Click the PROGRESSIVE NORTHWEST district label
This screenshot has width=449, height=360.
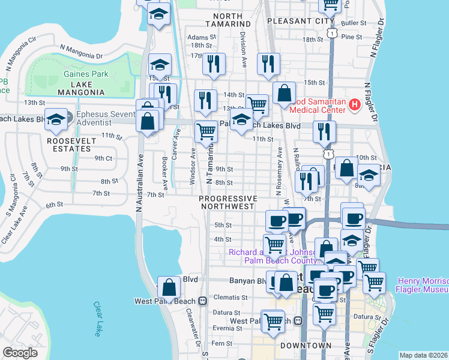pos(228,202)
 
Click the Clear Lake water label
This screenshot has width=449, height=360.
pos(98,319)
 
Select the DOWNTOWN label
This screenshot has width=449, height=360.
pos(306,346)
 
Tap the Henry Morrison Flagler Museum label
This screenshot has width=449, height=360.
pos(422,285)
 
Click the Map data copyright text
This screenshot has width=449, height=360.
pos(423,355)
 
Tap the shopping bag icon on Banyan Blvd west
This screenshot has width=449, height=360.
pos(169,288)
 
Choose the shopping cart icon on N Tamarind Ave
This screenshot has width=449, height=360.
pos(206,131)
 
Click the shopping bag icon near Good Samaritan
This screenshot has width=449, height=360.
pos(284,93)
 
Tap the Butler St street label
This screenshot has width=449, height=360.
pos(354,23)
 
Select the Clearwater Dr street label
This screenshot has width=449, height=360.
pos(193,328)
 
